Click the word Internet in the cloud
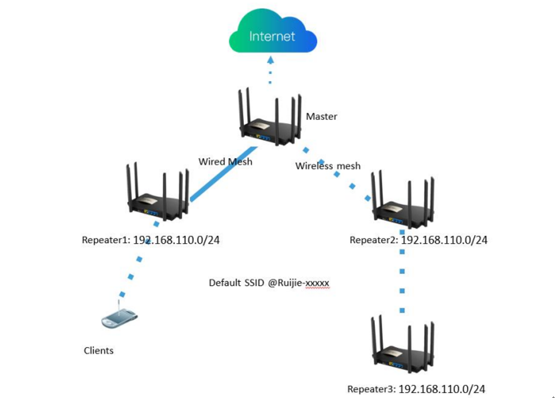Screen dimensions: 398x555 point(272,37)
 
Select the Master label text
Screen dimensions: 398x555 point(322,117)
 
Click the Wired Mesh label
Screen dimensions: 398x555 point(225,162)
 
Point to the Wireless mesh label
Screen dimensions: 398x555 point(328,165)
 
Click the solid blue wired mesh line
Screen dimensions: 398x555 point(224,173)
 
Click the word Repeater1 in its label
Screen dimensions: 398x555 point(105,240)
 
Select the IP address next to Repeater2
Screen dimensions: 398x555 point(444,240)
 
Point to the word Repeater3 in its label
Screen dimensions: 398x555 point(371,389)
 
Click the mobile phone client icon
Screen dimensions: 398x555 point(119,318)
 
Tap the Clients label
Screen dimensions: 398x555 point(98,350)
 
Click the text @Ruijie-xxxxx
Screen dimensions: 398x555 point(299,283)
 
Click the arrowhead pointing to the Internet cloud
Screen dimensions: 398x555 point(271,60)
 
